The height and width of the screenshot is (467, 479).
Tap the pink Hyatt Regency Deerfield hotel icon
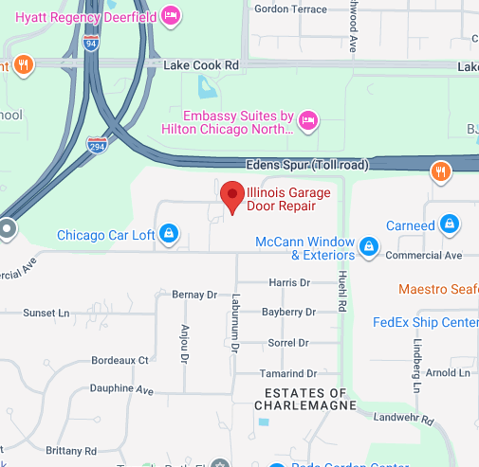(171, 14)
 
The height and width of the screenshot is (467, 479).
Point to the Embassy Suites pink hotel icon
(306, 120)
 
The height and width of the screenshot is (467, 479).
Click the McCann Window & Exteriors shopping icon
(369, 249)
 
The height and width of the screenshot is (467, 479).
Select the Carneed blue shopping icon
(451, 225)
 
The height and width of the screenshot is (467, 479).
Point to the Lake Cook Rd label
(200, 65)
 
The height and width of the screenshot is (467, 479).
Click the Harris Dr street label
(289, 282)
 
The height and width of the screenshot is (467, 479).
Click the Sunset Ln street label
(46, 313)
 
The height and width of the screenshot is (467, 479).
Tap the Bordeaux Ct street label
(120, 361)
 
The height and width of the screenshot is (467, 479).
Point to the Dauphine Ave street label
(120, 389)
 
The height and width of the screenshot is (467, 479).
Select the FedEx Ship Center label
(425, 322)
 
